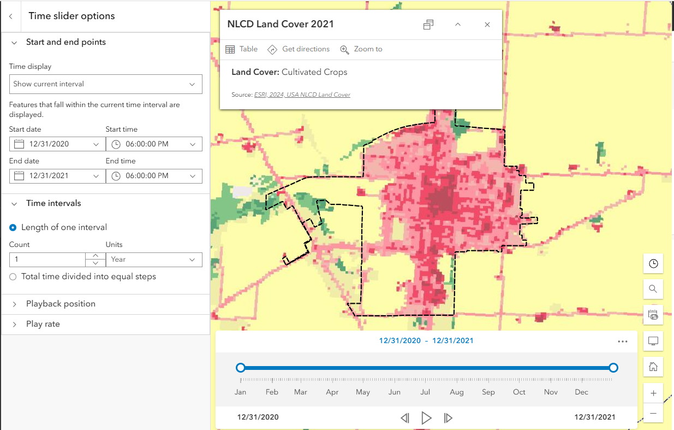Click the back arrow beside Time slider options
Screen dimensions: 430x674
[10, 16]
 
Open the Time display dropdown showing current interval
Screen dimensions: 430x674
[105, 84]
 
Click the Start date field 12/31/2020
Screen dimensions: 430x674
[57, 144]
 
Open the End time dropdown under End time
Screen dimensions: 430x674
[154, 176]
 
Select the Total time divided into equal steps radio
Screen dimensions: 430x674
[13, 276]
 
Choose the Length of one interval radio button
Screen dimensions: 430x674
[13, 227]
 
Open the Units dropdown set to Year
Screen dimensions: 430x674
[154, 260]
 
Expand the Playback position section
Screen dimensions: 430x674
[61, 304]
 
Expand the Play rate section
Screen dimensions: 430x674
[43, 324]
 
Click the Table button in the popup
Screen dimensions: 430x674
[241, 49]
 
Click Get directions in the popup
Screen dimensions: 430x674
[299, 49]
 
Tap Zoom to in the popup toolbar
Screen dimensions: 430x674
[361, 49]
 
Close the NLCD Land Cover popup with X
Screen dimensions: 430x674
[487, 25]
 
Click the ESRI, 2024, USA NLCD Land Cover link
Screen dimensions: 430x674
[302, 95]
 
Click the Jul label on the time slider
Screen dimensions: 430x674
[425, 392]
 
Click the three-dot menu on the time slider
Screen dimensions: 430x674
[623, 341]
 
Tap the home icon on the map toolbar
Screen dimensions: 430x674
[653, 367]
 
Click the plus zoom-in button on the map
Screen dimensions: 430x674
[653, 393]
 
